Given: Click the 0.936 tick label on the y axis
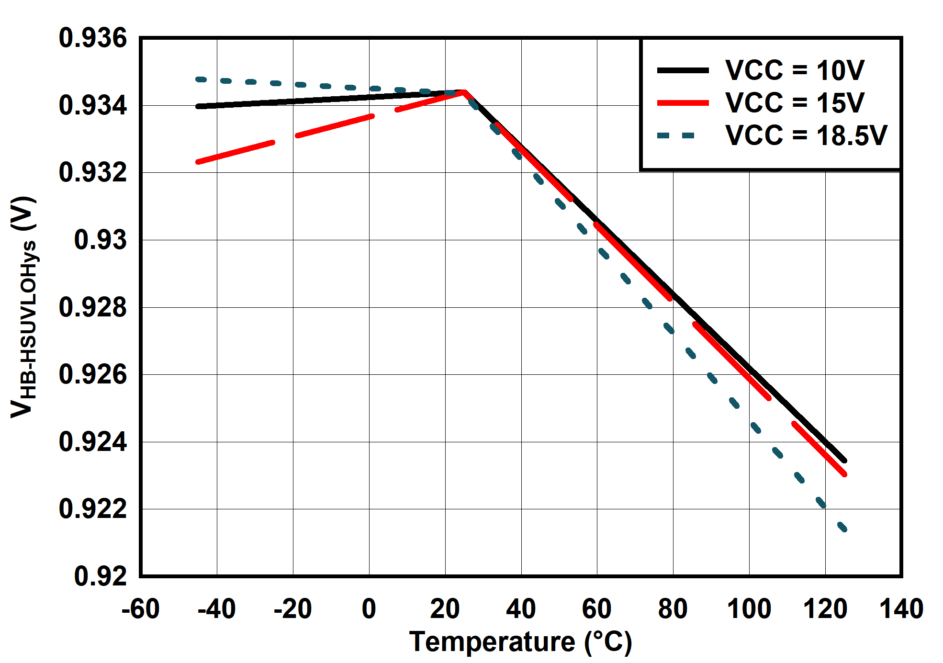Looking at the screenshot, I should click(93, 38).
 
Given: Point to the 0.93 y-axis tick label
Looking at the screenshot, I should click(101, 240).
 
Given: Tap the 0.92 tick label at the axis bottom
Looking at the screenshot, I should click(101, 576).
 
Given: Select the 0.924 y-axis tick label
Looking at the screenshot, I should click(93, 442).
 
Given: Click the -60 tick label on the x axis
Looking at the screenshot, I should click(140, 609).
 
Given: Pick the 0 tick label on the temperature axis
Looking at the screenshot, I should click(369, 609).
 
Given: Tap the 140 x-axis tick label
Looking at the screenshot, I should click(901, 609).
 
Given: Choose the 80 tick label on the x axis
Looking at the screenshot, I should click(673, 609).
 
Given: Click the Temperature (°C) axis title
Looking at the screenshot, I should click(520, 642).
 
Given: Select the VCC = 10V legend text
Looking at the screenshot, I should click(795, 70).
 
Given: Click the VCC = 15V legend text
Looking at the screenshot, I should click(795, 103).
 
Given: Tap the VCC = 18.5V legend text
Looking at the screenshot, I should click(806, 135).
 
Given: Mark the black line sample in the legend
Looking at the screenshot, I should click(683, 70).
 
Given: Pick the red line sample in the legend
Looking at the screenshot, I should click(683, 103).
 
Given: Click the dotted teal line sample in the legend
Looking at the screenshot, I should click(676, 135).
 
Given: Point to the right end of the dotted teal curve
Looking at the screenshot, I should click(845, 529).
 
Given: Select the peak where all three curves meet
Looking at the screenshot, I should click(463, 91).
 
